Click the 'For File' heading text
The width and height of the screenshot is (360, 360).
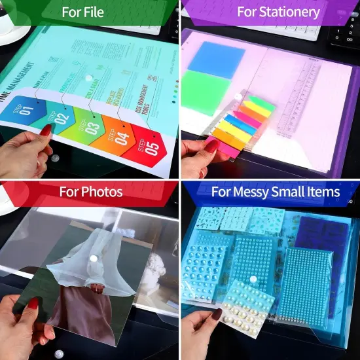tap(89, 12)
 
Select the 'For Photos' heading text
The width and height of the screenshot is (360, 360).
tap(91, 192)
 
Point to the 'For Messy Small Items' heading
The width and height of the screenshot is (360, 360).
tap(275, 192)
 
